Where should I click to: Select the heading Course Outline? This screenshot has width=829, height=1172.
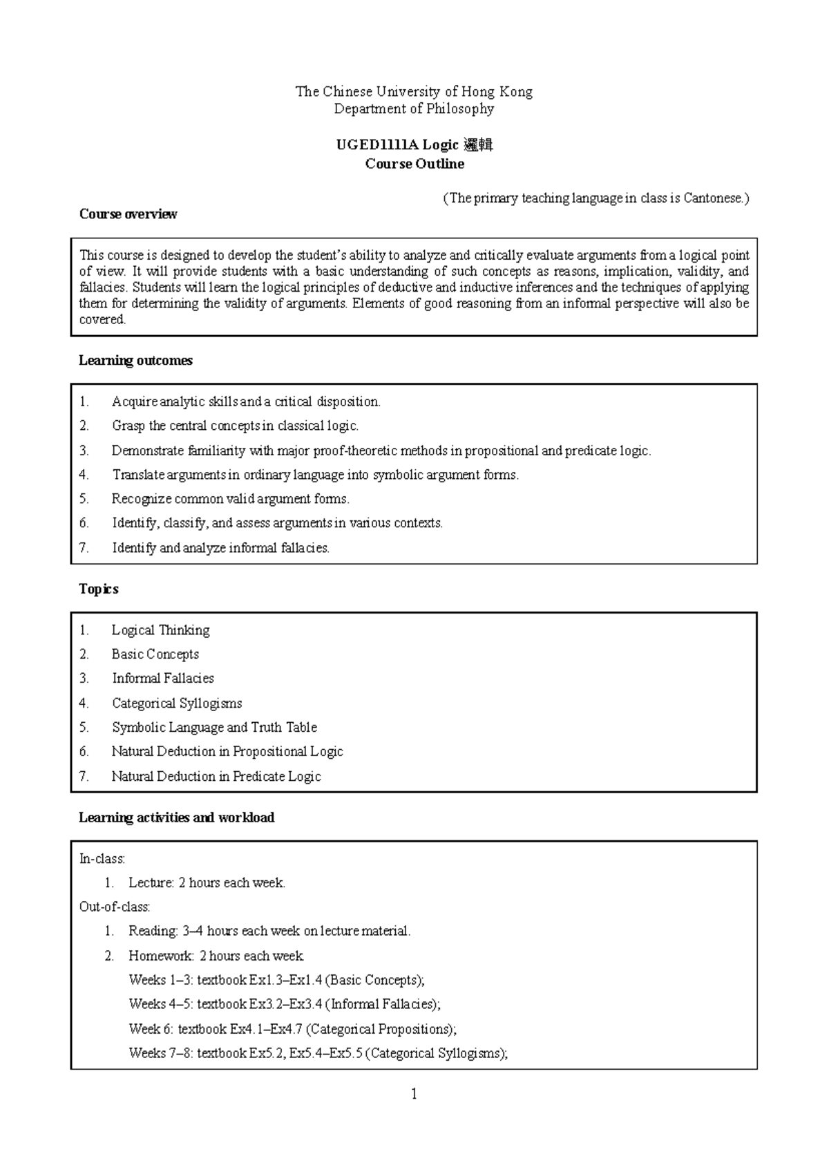click(414, 164)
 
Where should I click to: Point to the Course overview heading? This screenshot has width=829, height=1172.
click(128, 214)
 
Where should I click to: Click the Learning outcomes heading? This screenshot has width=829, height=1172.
click(135, 360)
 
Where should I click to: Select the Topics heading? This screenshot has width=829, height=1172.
click(99, 589)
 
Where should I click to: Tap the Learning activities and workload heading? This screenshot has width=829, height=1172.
click(176, 817)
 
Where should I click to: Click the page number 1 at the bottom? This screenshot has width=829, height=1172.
click(414, 1094)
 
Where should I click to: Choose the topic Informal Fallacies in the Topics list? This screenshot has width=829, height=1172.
click(163, 678)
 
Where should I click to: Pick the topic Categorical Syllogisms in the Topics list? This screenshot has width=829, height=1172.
click(177, 703)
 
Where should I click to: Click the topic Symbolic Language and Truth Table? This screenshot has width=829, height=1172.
click(214, 727)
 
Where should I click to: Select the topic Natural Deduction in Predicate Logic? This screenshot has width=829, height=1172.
click(216, 776)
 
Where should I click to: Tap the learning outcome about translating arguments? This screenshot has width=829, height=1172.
click(315, 475)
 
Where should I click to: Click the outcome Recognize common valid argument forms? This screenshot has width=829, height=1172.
click(231, 499)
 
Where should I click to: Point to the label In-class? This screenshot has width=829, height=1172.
click(102, 859)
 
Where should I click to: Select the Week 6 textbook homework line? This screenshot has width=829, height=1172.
click(292, 1029)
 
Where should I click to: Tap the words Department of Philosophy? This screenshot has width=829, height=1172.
click(414, 108)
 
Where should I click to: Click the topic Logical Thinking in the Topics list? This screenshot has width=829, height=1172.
click(160, 630)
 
